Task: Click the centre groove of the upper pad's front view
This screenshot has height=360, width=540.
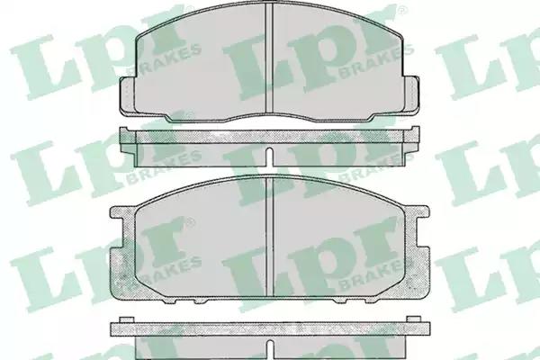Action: [269, 58]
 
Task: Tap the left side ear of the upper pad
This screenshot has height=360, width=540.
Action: [127, 95]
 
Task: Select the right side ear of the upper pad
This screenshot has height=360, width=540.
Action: [411, 94]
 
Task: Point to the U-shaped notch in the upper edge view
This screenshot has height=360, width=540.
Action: [270, 156]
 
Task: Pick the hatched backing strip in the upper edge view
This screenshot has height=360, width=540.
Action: [270, 137]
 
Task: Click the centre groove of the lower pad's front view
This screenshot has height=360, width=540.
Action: [269, 237]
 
